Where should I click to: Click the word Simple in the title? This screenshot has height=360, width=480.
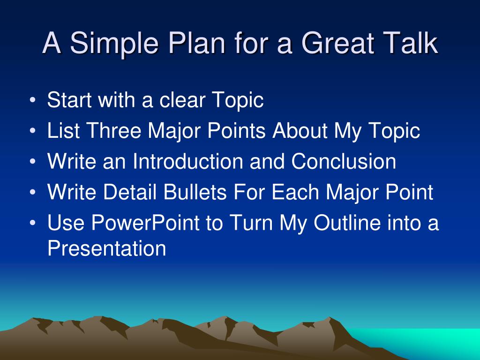click(x=114, y=44)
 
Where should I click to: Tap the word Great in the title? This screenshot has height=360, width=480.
click(x=338, y=43)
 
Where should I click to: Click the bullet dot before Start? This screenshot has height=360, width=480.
click(x=33, y=100)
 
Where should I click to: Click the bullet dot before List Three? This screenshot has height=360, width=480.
click(x=33, y=131)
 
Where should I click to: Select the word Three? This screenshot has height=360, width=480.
click(x=113, y=130)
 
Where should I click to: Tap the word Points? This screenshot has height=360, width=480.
click(x=236, y=130)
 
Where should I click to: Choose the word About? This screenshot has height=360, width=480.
click(x=300, y=130)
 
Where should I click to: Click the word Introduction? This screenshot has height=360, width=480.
click(x=187, y=161)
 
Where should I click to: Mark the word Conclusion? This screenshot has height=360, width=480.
click(x=344, y=161)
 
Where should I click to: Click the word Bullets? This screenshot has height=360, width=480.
click(x=195, y=192)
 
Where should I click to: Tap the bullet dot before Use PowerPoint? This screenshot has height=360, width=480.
click(x=33, y=223)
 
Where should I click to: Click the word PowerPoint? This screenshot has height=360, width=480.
click(x=145, y=223)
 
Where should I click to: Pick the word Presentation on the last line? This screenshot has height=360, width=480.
click(x=107, y=248)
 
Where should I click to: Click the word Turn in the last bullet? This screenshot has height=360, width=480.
click(x=251, y=223)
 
